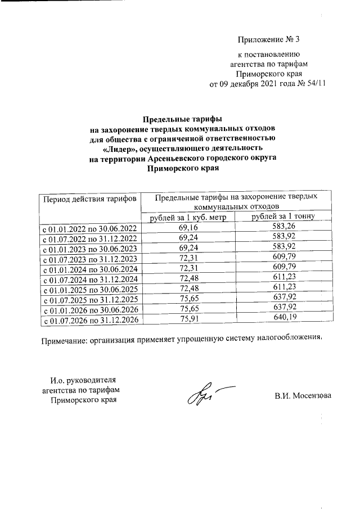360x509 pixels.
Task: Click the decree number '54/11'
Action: click(314, 84)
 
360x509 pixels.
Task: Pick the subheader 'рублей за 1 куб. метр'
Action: click(187, 218)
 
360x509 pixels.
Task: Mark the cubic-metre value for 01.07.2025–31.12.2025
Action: click(187, 298)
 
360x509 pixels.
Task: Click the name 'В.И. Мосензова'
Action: click(303, 395)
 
